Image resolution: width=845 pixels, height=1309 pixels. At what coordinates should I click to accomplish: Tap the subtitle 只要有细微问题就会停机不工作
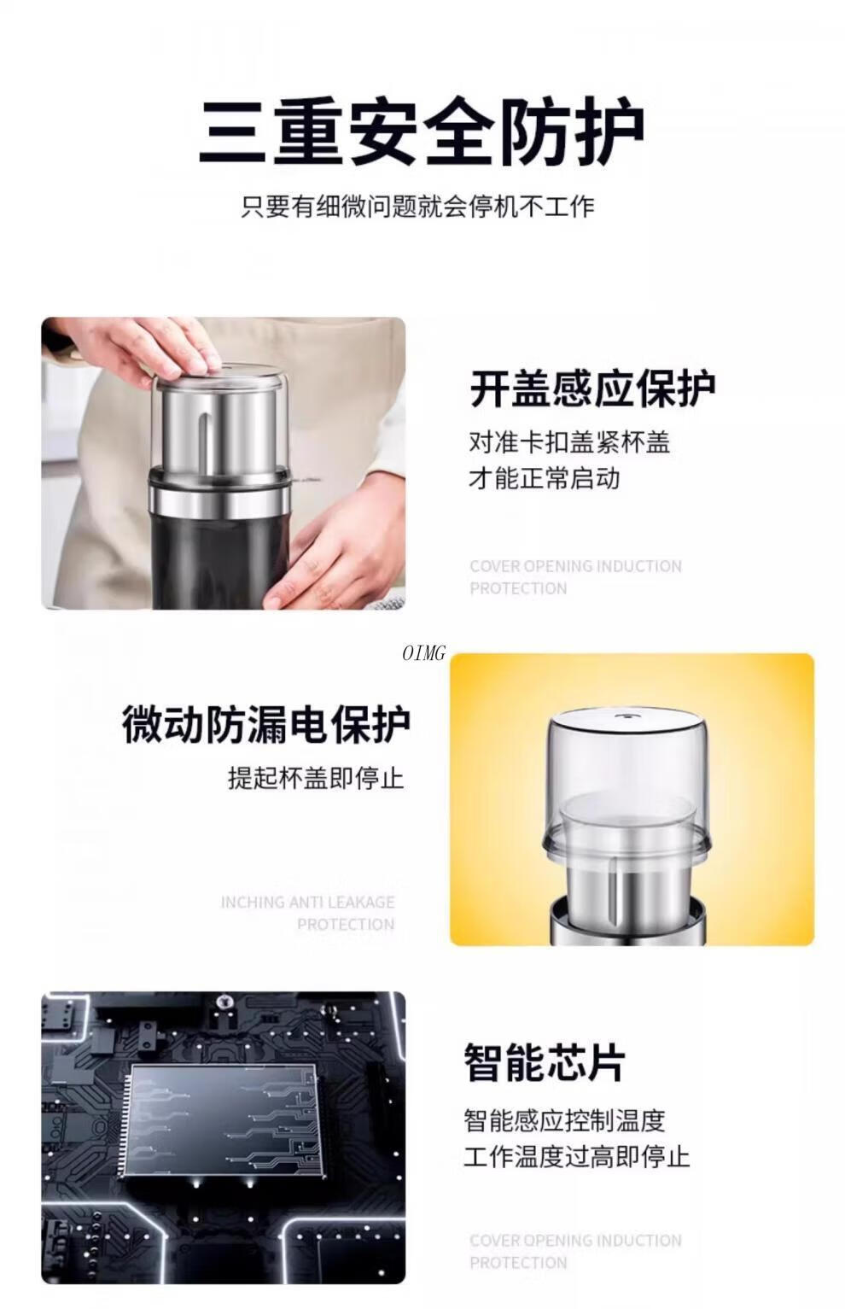click(418, 207)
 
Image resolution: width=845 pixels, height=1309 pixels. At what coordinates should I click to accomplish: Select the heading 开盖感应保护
click(592, 388)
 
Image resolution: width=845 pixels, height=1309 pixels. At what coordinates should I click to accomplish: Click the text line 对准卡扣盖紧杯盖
click(569, 442)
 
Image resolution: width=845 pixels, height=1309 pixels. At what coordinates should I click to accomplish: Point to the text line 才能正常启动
click(545, 478)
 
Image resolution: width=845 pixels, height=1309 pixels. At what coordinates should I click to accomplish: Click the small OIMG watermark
click(424, 653)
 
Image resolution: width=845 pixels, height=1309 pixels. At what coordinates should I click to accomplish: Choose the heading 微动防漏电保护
click(266, 725)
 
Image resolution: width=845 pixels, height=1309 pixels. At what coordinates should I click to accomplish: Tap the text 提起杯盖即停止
click(316, 779)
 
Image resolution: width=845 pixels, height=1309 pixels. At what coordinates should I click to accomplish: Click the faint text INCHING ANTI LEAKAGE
click(308, 903)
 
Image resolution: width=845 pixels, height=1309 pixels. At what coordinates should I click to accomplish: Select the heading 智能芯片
click(545, 1062)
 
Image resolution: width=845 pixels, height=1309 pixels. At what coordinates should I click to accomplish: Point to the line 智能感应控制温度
click(565, 1120)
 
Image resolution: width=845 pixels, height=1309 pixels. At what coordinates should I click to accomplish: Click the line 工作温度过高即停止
click(577, 1156)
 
